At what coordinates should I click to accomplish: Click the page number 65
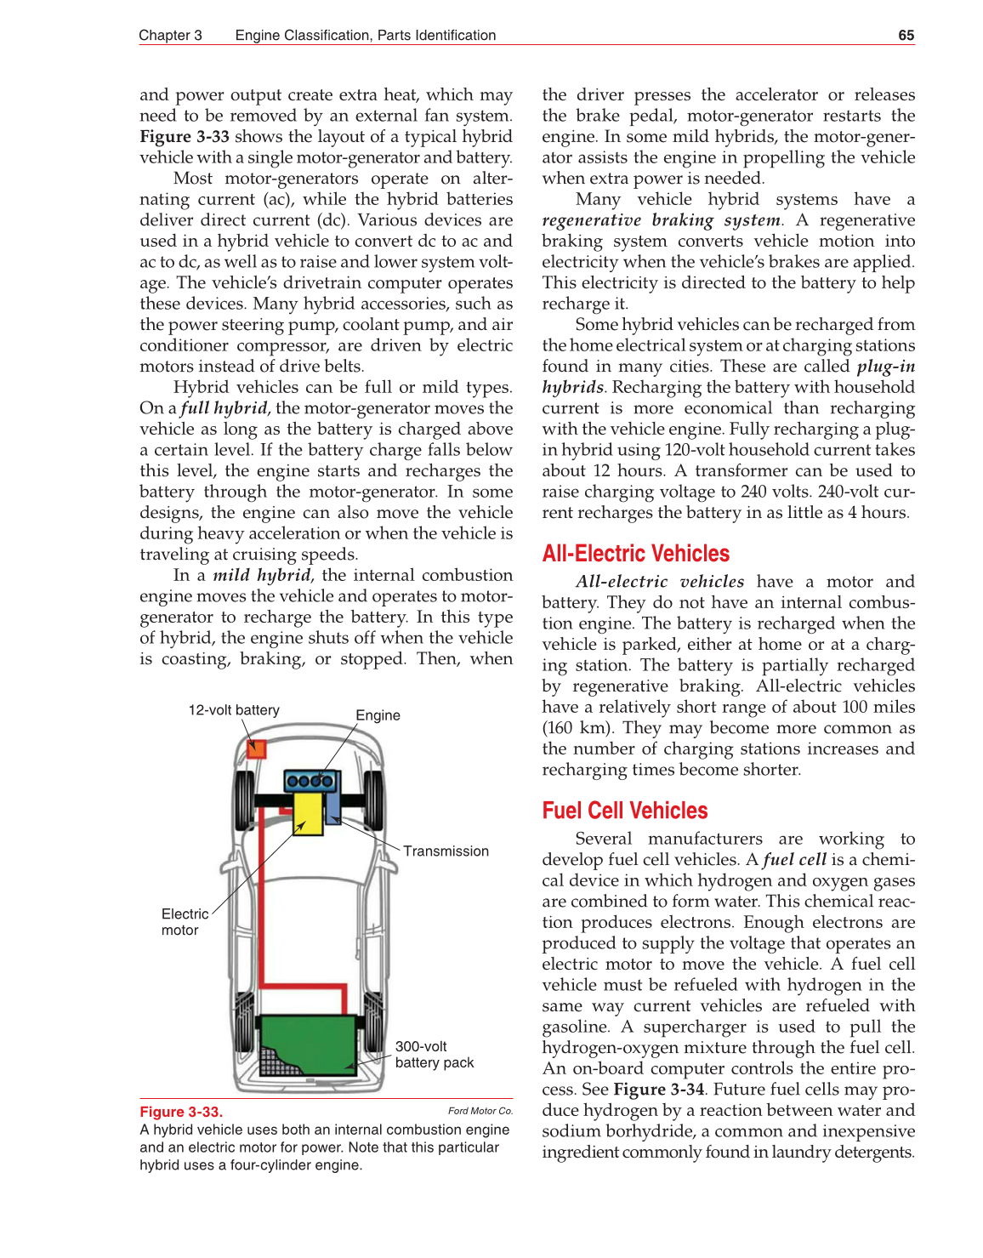[x=906, y=35]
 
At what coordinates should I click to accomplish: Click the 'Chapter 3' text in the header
[x=170, y=35]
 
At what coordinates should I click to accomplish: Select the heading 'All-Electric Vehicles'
[x=635, y=554]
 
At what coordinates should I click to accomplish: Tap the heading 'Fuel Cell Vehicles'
[x=624, y=811]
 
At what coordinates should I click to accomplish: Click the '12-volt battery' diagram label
[x=234, y=710]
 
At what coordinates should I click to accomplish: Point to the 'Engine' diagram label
[x=378, y=715]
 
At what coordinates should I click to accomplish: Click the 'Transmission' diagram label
[x=446, y=851]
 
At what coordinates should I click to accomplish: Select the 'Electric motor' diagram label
[x=184, y=922]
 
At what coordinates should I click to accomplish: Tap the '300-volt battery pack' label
[x=434, y=1055]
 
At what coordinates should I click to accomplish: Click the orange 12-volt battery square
[x=256, y=749]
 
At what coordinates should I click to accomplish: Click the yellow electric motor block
[x=308, y=813]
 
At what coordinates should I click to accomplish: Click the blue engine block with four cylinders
[x=310, y=781]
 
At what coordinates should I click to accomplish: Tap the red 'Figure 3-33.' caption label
[x=181, y=1112]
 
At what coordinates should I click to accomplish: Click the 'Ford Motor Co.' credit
[x=480, y=1111]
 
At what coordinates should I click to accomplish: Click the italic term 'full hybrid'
[x=224, y=408]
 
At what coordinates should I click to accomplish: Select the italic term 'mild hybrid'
[x=261, y=576]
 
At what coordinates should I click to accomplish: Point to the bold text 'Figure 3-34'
[x=658, y=1090]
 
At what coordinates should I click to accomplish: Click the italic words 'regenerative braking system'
[x=662, y=220]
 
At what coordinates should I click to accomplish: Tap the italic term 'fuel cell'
[x=794, y=860]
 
